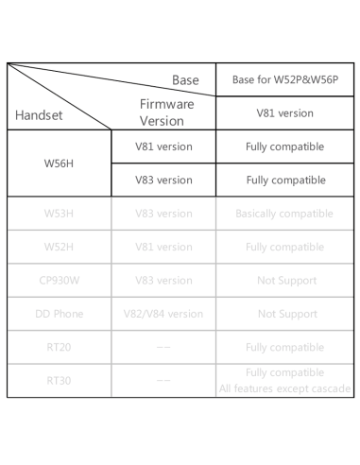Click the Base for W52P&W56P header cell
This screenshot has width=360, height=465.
[284, 80]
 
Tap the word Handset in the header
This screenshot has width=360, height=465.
[40, 115]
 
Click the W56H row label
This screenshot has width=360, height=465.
[59, 163]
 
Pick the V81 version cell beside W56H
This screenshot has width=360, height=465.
[163, 146]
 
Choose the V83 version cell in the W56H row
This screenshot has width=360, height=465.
[163, 180]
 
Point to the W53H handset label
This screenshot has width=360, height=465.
[59, 214]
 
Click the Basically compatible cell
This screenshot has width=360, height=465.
[284, 214]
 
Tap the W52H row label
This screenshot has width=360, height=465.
[59, 247]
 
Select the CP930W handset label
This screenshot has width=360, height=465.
[59, 280]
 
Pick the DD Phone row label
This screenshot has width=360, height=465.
[59, 314]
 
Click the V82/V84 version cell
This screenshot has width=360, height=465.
[163, 314]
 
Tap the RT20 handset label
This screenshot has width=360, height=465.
[59, 347]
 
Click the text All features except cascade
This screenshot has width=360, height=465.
[284, 388]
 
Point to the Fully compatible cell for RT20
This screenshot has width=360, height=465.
[284, 347]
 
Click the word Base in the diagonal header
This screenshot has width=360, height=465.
[185, 81]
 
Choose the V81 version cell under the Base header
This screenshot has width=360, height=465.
[284, 112]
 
